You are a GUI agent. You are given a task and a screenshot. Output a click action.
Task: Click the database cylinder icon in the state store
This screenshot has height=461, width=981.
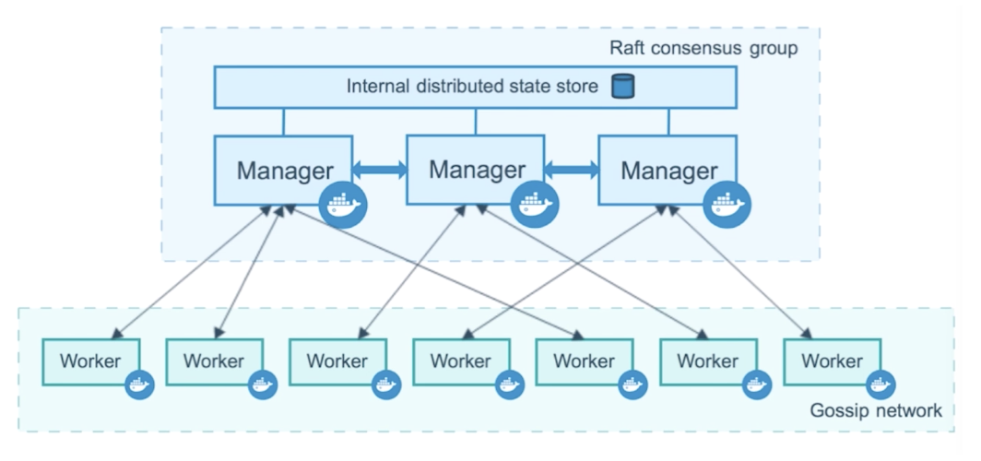coord(622,87)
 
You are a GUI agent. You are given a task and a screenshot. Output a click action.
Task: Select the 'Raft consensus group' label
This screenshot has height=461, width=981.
coord(703,49)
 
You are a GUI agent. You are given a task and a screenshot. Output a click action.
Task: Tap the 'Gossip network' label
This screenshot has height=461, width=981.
coord(876,410)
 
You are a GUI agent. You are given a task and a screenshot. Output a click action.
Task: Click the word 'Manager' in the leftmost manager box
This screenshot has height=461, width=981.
coord(285,171)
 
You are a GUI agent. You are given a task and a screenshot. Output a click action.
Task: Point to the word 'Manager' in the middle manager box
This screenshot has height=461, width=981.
coord(477,170)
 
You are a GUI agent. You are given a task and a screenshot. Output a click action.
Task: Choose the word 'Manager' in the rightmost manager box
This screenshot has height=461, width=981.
coord(668,171)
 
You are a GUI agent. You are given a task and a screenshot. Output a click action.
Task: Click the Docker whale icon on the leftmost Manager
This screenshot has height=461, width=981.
coord(343,205)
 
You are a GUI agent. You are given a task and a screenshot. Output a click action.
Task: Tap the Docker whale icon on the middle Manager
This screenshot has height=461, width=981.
coord(535,204)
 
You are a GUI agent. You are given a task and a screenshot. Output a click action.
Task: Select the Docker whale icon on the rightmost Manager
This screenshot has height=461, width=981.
coord(727,204)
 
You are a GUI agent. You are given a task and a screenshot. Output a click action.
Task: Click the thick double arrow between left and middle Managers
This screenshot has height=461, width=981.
coord(380,169)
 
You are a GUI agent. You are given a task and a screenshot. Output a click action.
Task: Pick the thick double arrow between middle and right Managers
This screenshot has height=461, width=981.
coord(572,169)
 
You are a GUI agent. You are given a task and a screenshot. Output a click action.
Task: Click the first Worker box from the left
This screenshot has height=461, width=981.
coord(91,362)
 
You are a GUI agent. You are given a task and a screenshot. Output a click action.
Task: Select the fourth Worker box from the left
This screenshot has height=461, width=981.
coord(462,362)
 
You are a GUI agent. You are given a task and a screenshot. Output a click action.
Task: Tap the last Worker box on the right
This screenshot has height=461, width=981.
coord(832,362)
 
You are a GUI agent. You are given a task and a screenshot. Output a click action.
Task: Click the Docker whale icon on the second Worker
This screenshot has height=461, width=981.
coord(263,384)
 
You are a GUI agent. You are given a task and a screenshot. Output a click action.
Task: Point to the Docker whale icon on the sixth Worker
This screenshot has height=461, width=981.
coord(757,384)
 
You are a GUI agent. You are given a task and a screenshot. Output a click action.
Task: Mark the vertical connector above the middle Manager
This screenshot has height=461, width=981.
coord(476,122)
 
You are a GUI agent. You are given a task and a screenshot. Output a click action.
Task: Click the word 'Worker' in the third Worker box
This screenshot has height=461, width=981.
coord(337,361)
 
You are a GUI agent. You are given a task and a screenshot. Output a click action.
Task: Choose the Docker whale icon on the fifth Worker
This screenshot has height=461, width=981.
coord(632,384)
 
